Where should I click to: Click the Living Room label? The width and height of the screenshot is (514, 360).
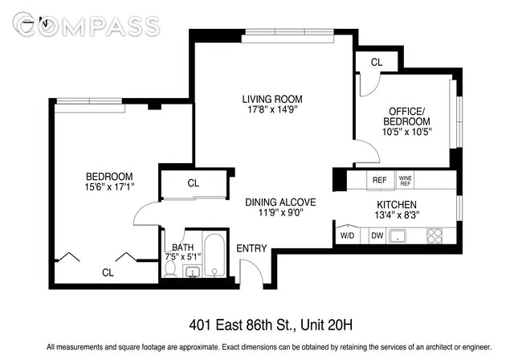click(x=272, y=99)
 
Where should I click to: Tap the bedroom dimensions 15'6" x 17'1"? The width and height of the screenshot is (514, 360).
click(x=109, y=187)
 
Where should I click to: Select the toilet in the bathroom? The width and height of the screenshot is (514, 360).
click(x=170, y=269)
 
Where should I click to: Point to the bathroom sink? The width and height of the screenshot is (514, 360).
click(x=192, y=272)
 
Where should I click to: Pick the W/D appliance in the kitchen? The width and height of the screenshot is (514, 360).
click(x=348, y=235)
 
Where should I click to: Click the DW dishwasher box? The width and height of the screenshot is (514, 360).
click(x=377, y=235)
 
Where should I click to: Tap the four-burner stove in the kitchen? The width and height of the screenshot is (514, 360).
click(x=435, y=235)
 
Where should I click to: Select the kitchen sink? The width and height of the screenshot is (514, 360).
click(x=398, y=236)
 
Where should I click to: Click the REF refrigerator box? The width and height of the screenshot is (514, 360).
click(x=380, y=180)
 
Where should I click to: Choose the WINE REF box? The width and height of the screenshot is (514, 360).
click(x=405, y=180)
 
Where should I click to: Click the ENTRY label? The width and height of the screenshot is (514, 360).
click(x=251, y=248)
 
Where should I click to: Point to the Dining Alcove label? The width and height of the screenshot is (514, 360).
click(x=280, y=202)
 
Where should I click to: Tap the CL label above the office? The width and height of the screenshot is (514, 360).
click(x=377, y=62)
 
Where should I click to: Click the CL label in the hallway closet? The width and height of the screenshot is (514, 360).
click(x=194, y=183)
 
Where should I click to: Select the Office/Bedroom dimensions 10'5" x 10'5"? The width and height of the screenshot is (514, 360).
click(x=407, y=132)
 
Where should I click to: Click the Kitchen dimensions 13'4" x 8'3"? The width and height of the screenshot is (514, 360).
click(x=398, y=215)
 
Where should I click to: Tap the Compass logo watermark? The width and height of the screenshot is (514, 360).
click(x=87, y=25)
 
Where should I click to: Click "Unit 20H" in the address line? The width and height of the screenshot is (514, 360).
click(x=327, y=325)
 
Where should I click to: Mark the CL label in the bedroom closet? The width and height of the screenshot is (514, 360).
click(x=108, y=272)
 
